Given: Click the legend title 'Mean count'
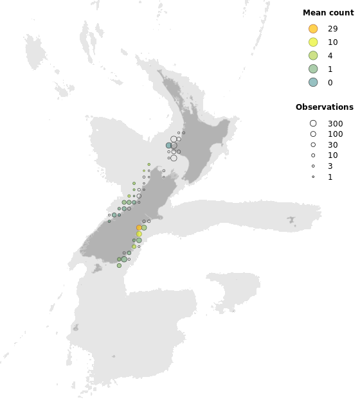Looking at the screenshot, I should tap(328, 13).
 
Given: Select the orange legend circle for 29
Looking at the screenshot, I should tap(313, 29).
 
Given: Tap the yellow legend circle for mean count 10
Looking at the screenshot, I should tap(313, 42).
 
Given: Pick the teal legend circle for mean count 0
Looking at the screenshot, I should tap(313, 82).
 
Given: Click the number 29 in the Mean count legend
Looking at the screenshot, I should tap(332, 29).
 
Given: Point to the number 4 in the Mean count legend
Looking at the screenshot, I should tap(330, 56).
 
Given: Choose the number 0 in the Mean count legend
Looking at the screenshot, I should tap(330, 83).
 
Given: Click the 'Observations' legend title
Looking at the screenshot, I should tap(325, 107).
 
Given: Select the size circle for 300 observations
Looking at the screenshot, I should tap(313, 123).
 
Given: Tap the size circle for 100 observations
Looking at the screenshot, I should tap(313, 134).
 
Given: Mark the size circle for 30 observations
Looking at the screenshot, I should tap(313, 144).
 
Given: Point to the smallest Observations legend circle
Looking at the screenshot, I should tap(313, 177).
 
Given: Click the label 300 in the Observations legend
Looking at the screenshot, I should tap(335, 124).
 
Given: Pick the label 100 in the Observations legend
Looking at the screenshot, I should tap(335, 134).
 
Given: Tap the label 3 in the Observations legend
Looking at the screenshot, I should tap(330, 166).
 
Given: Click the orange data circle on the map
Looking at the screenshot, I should tap(139, 227).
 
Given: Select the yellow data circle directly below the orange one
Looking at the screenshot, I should tap(139, 234).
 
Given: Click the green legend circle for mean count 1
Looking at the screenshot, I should tap(313, 69).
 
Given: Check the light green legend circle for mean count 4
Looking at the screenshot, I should tap(313, 56).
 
